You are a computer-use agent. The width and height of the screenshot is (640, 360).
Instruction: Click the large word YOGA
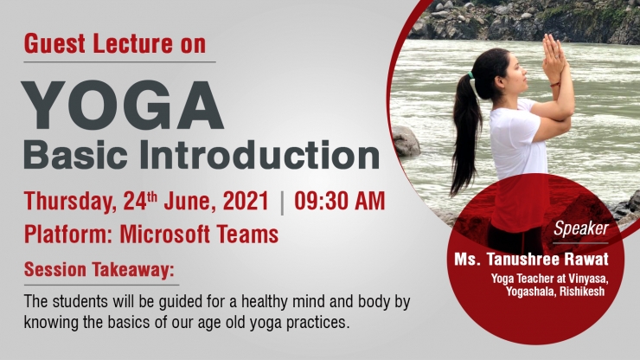[123, 106]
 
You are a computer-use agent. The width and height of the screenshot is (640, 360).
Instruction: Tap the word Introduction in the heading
[259, 155]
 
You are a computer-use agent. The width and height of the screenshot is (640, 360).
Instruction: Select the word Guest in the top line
[54, 44]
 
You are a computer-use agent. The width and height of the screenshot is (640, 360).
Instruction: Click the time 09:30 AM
[340, 201]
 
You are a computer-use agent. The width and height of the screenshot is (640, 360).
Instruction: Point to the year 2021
[246, 201]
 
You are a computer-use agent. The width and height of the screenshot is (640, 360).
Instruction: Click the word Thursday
[70, 202]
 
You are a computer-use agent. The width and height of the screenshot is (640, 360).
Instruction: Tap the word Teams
[247, 235]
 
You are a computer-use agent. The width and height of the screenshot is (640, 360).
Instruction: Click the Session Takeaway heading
[99, 270]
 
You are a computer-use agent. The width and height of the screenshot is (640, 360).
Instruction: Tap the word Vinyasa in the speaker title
[586, 280]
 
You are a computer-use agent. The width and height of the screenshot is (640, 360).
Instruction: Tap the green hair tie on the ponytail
[471, 75]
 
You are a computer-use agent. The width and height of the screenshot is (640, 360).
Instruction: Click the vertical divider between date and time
[282, 203]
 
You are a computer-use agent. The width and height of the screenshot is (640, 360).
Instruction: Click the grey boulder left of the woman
[405, 141]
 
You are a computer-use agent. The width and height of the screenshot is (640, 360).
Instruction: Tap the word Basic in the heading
[75, 155]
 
